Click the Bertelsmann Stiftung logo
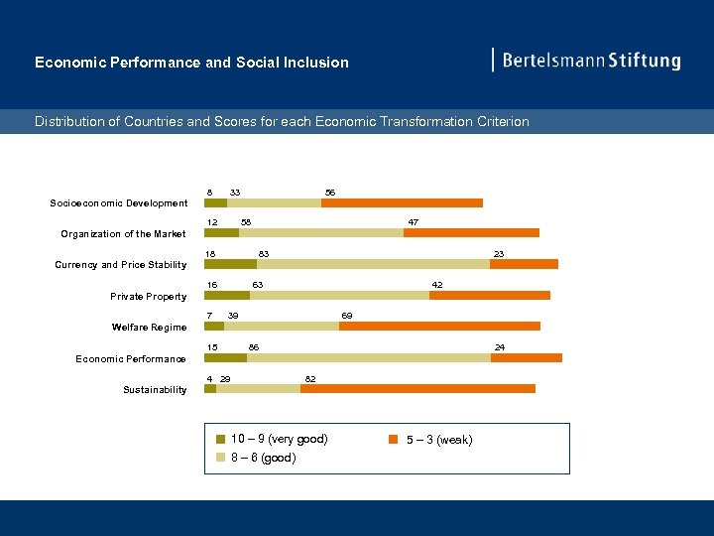589,61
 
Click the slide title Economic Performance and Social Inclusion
191,63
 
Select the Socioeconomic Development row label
119,203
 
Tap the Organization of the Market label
123,234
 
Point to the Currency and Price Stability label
120,265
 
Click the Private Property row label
148,296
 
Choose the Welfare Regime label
149,328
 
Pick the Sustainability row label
155,390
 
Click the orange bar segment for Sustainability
417,388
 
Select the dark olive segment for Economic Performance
225,357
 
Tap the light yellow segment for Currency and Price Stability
373,264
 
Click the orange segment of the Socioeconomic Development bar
402,202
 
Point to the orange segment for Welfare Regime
439,326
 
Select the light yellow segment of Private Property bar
339,295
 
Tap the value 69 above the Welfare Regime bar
347,316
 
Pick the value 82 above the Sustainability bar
310,379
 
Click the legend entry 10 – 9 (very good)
279,439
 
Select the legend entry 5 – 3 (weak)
439,440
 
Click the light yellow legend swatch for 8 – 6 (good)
221,458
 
